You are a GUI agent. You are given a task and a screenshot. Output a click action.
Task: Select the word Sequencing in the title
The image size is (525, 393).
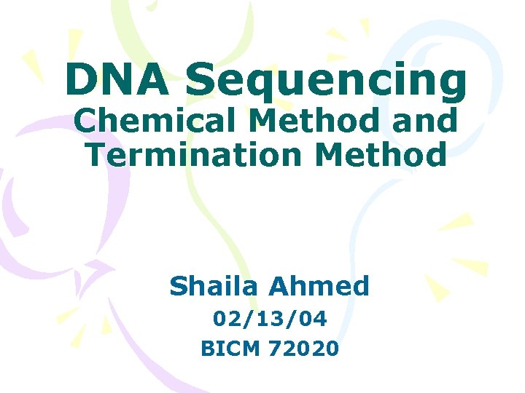325,82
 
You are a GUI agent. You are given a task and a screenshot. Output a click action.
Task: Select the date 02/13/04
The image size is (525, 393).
270,319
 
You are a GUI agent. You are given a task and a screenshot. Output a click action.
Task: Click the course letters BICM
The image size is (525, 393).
230,349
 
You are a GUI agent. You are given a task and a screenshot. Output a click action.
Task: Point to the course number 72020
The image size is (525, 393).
303,349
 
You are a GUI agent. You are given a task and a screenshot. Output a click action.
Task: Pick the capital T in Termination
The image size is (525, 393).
94,154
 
